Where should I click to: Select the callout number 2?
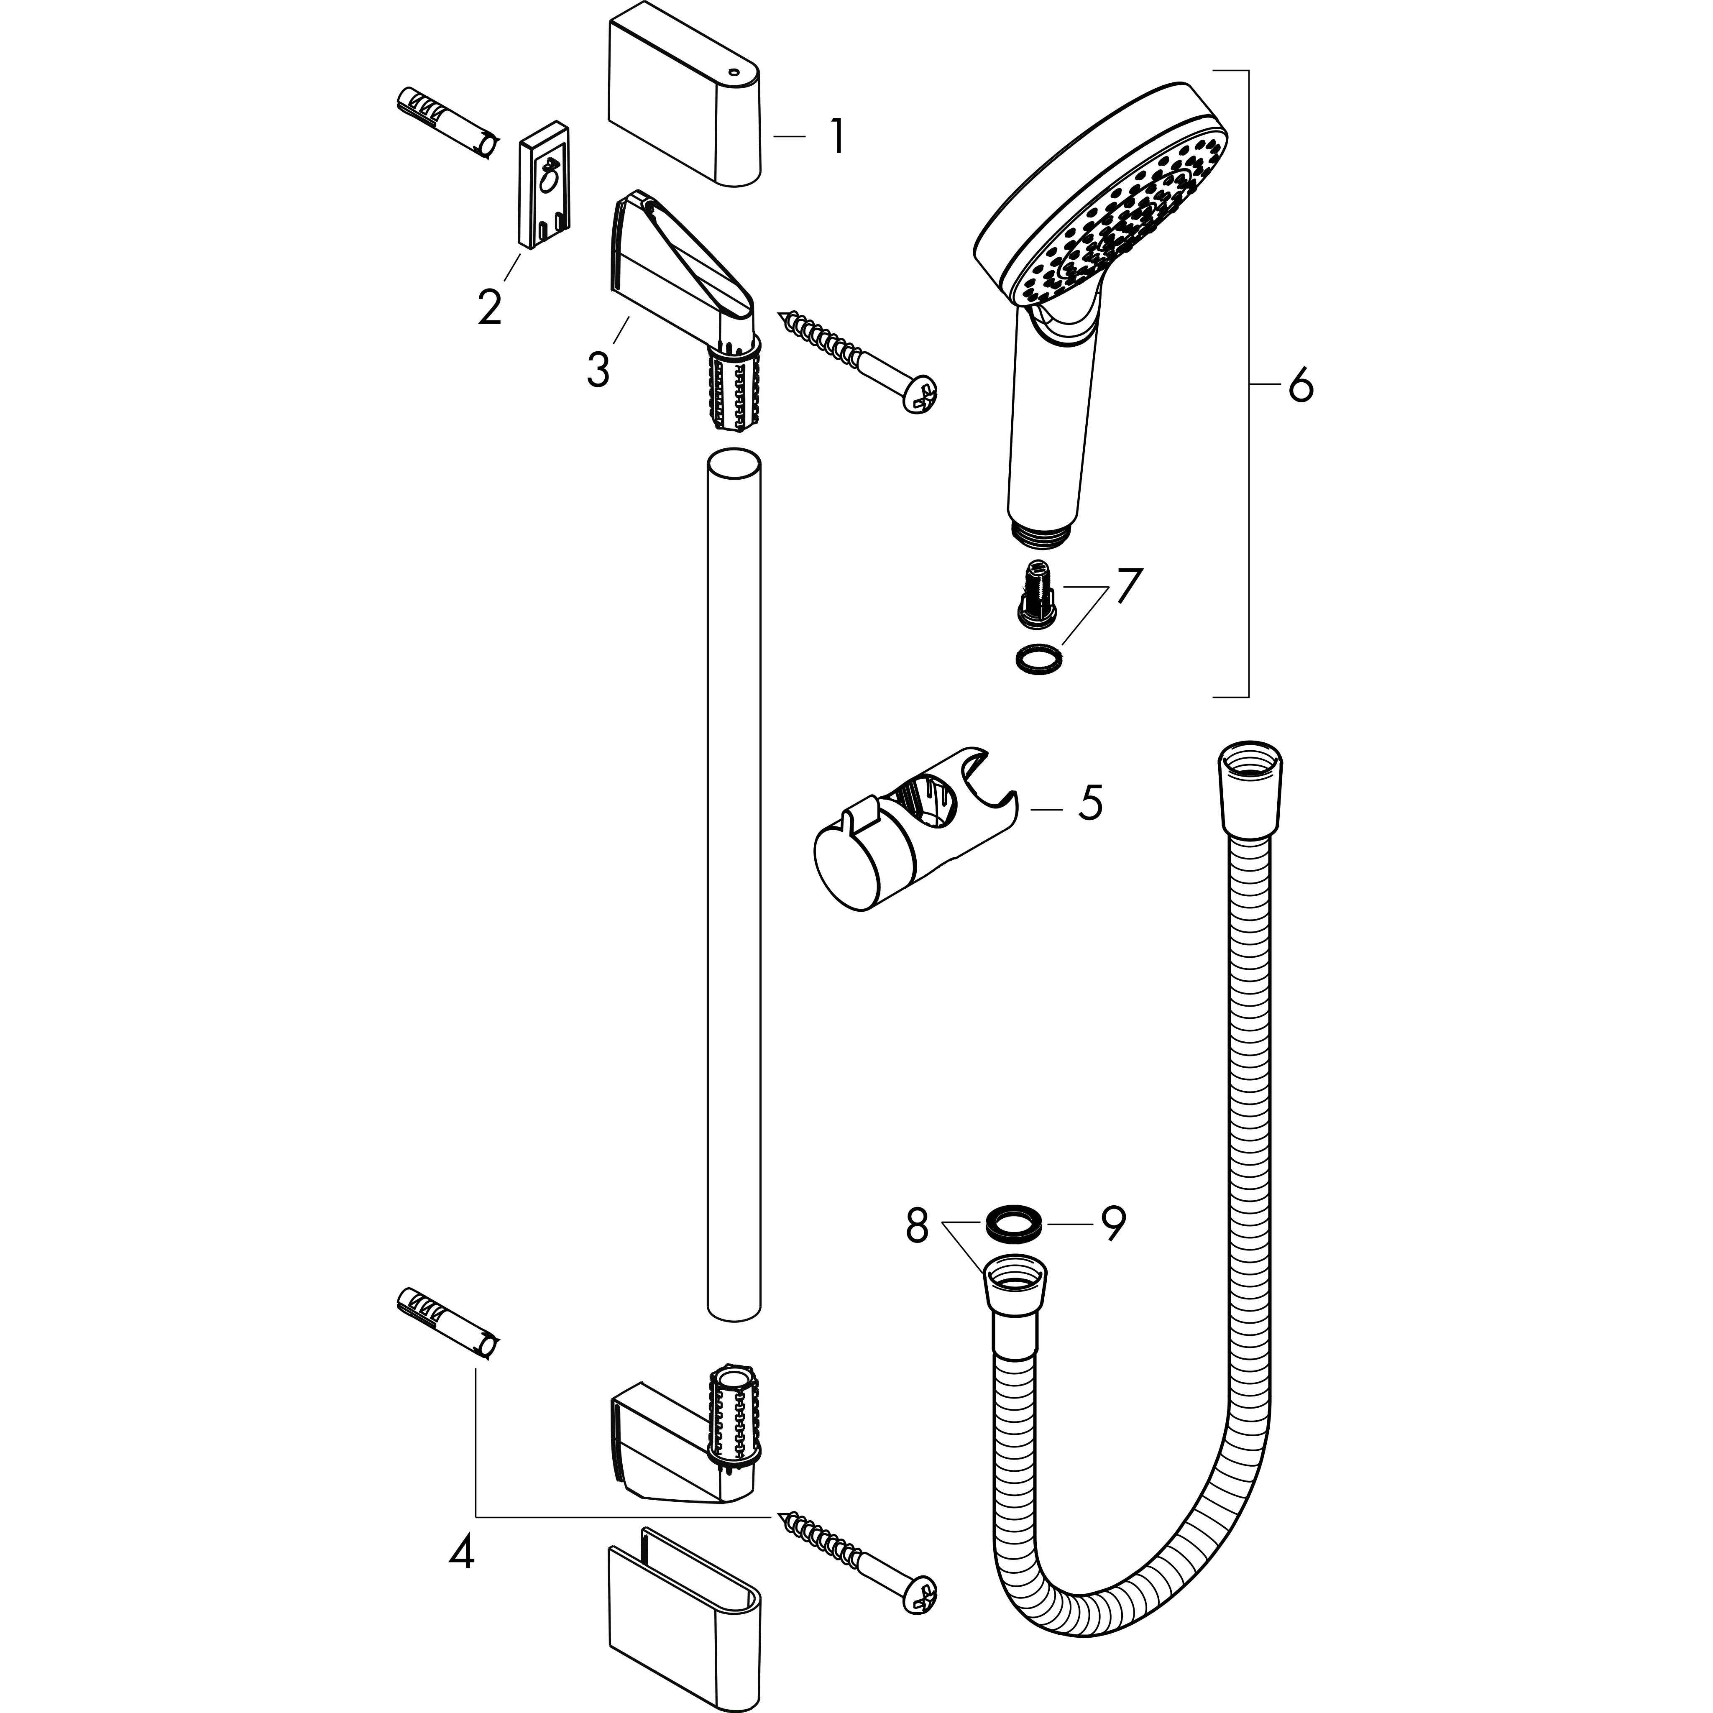489,307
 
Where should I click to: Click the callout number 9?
1113,1225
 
